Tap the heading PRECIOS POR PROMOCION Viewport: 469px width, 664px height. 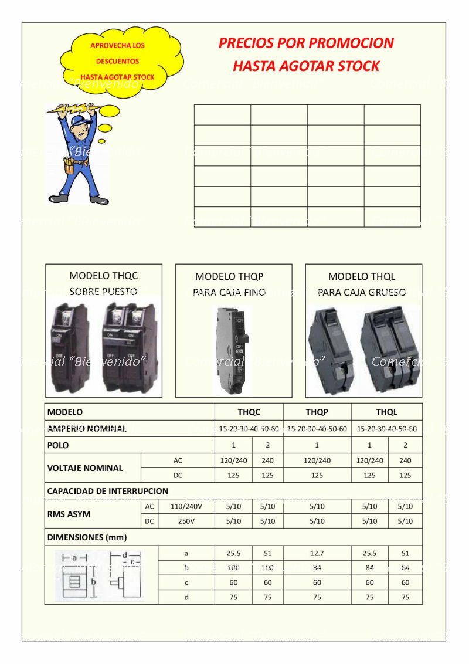point(305,43)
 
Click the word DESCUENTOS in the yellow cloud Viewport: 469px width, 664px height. point(118,61)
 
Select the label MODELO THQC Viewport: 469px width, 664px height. point(104,276)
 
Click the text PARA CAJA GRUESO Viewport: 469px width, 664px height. point(362,292)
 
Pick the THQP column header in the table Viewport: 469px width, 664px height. point(317,412)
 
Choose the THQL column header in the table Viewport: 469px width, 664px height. point(386,412)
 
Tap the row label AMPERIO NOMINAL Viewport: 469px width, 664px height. point(87,429)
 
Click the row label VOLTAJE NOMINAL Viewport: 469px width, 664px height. point(85,468)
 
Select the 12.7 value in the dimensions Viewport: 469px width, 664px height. point(317,553)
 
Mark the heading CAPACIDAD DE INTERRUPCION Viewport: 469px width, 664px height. point(107,490)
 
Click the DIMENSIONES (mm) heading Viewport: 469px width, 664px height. point(87,537)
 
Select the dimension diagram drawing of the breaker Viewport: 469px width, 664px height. point(100,575)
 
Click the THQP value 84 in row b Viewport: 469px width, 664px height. point(317,568)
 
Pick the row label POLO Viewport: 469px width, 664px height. point(58,445)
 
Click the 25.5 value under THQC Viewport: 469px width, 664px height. point(233,553)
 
